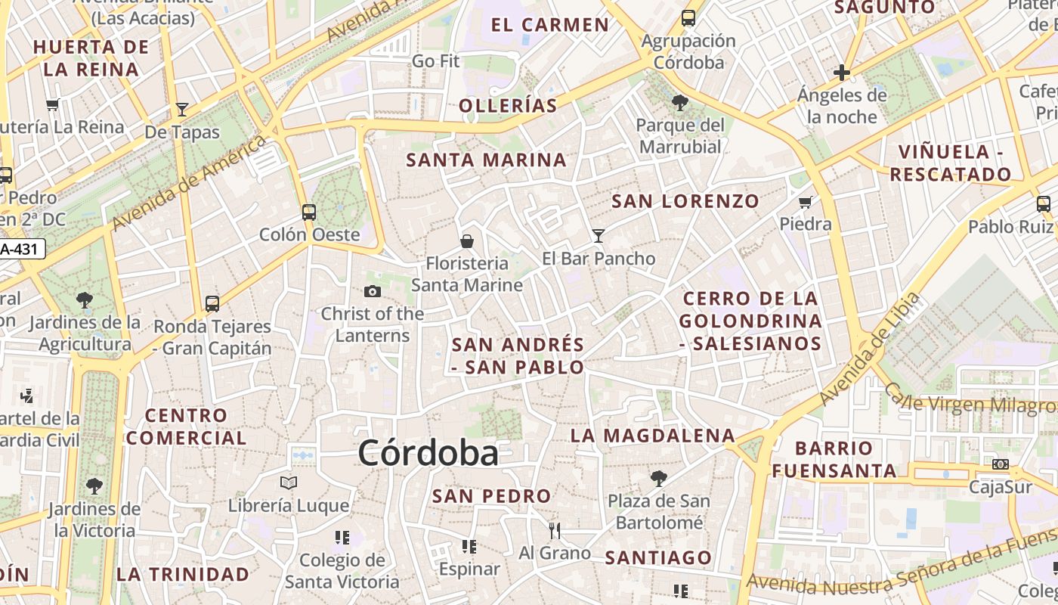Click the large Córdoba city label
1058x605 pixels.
428,453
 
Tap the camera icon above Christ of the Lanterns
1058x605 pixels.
372,291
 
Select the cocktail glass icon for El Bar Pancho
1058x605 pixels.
598,235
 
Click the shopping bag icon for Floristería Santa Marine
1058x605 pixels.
467,241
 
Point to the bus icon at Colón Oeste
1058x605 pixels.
308,212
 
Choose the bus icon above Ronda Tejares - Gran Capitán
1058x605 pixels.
212,303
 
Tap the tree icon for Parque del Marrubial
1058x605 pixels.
679,102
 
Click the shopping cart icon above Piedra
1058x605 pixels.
806,202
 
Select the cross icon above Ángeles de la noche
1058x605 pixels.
842,73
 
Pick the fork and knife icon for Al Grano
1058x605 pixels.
555,530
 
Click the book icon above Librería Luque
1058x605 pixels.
289,482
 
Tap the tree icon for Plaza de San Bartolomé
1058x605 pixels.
658,478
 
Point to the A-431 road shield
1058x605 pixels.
21,248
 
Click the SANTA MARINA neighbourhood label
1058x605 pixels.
486,160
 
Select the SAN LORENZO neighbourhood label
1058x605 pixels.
685,201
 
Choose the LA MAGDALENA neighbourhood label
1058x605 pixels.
652,436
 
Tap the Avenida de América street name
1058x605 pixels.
189,182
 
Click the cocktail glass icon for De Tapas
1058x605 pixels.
181,110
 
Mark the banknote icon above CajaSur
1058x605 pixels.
1001,464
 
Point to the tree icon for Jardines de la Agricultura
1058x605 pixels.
85,299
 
